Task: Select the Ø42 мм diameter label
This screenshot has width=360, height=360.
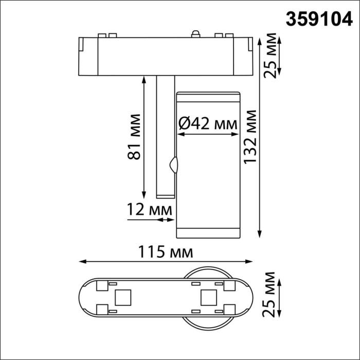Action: (x=208, y=124)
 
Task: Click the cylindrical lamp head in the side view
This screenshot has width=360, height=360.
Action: (x=208, y=165)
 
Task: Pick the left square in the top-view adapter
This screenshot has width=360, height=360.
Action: (x=122, y=297)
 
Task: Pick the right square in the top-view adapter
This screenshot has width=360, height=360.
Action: (x=208, y=297)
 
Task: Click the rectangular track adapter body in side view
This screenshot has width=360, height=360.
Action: (x=165, y=56)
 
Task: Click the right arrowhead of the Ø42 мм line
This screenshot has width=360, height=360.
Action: (x=237, y=135)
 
